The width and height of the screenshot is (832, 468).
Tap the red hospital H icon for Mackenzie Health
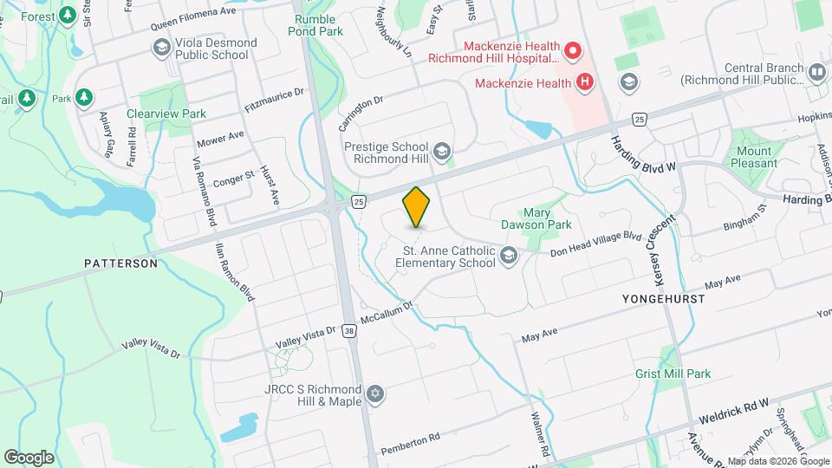click(585, 83)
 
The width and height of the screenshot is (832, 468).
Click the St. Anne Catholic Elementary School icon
click(509, 255)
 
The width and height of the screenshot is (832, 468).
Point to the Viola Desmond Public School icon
click(160, 49)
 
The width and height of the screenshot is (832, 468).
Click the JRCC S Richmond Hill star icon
click(374, 394)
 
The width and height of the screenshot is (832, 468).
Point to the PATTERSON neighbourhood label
click(120, 263)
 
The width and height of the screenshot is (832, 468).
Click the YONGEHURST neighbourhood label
click(663, 298)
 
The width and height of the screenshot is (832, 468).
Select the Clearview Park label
click(166, 114)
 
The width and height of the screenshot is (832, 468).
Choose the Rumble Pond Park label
click(319, 25)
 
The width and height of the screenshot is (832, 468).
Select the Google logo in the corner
click(29, 457)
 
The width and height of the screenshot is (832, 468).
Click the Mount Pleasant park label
click(755, 157)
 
